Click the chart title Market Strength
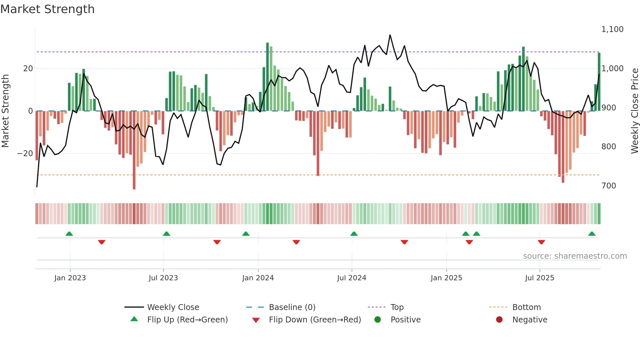point(47,9)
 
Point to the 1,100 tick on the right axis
point(612,29)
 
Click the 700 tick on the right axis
point(609,186)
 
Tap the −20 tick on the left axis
point(25,154)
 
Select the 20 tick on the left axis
point(28,69)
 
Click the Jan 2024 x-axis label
point(258,278)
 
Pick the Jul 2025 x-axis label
point(539,278)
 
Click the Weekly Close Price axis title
point(634,111)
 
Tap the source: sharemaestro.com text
point(575,256)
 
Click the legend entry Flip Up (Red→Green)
point(187,320)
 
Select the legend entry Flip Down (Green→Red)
point(314,320)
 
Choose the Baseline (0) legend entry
point(292,307)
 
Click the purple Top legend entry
point(397,307)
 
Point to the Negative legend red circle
point(499,320)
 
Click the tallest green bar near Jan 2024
point(267,77)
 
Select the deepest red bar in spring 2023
point(134,150)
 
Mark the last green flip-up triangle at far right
point(592,234)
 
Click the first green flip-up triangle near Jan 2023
point(69,234)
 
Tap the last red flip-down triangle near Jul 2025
point(541,242)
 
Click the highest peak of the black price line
point(390,35)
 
